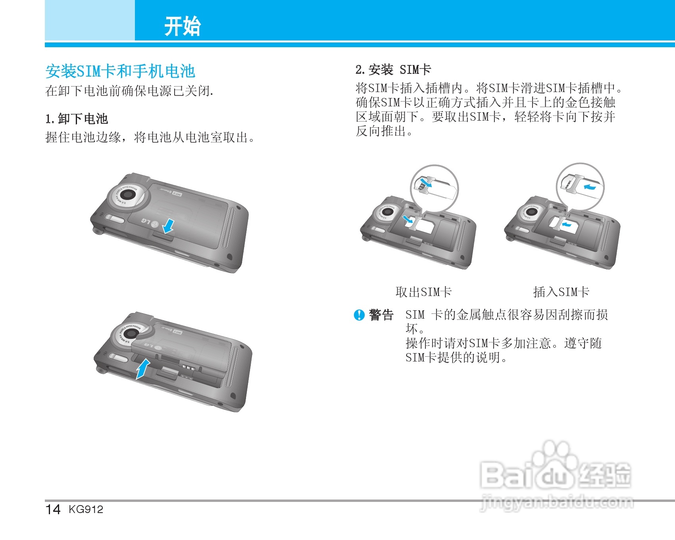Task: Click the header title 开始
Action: (183, 27)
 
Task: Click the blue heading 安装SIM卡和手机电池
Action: (120, 71)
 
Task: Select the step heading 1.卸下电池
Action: (77, 119)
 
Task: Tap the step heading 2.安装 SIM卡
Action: (393, 70)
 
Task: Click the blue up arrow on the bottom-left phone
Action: (143, 369)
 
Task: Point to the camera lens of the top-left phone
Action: (128, 195)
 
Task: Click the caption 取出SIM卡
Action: (423, 292)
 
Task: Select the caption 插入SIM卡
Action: (561, 292)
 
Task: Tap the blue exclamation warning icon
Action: (359, 315)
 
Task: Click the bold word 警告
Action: (381, 315)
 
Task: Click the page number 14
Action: (53, 509)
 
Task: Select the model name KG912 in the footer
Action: (86, 509)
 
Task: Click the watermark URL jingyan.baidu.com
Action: (557, 503)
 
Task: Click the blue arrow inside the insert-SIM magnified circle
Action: (590, 186)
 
